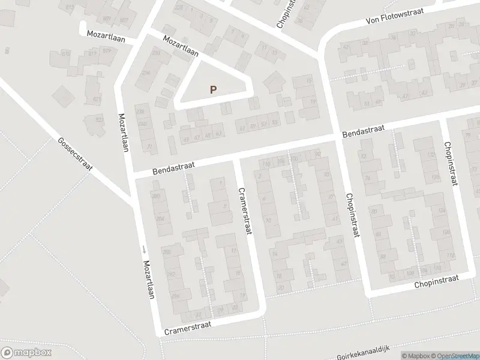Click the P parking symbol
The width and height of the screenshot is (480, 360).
click(212, 89)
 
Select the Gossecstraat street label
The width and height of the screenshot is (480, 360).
click(75, 154)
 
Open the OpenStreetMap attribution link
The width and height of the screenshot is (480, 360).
click(454, 356)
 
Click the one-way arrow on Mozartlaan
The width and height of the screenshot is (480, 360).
click(144, 250)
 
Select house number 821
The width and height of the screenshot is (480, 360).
click(97, 100)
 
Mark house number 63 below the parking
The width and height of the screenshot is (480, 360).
click(218, 134)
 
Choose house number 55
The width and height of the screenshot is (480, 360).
click(275, 122)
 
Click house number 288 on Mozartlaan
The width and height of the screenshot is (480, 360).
click(166, 251)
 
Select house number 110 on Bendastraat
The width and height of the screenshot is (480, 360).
click(265, 163)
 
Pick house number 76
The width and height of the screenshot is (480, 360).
click(367, 178)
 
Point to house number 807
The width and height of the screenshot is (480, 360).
click(124, 20)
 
